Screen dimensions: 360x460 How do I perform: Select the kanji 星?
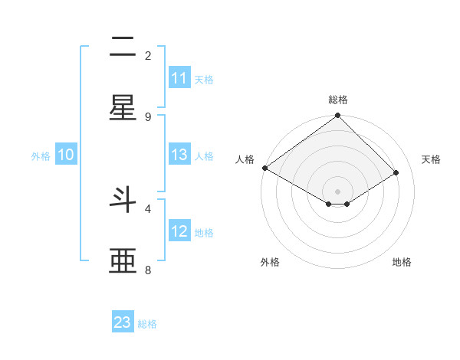pyautogui.click(x=123, y=109)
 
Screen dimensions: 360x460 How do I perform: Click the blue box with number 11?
pyautogui.click(x=179, y=78)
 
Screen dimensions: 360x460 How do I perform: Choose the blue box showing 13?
pyautogui.click(x=179, y=155)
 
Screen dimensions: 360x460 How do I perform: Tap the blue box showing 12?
pyautogui.click(x=179, y=231)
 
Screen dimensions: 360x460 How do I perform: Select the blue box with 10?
pyautogui.click(x=66, y=155)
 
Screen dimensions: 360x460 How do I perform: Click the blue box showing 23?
pyautogui.click(x=123, y=322)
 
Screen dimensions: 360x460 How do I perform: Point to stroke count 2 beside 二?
pyautogui.click(x=148, y=55)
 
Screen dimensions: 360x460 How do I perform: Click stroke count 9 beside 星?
pyautogui.click(x=148, y=116)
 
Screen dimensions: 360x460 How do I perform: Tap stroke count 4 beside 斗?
pyautogui.click(x=148, y=208)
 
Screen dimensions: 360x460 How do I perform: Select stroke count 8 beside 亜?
pyautogui.click(x=148, y=270)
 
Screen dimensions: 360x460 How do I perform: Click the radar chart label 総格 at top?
pyautogui.click(x=338, y=100)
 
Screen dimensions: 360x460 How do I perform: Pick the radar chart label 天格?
pyautogui.click(x=431, y=159)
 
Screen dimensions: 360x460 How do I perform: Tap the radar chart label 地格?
pyautogui.click(x=402, y=262)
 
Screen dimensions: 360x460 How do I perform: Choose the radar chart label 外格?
pyautogui.click(x=270, y=262)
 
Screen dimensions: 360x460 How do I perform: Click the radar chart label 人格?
pyautogui.click(x=245, y=159)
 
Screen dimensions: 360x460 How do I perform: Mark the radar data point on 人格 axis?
pyautogui.click(x=264, y=168)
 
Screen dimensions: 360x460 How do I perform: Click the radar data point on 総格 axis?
pyautogui.click(x=338, y=116)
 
